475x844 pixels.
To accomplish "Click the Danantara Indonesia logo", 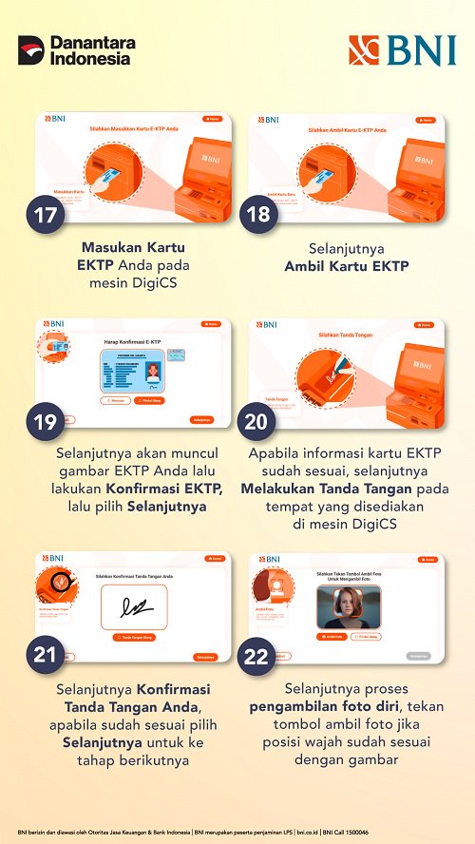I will click(76, 50).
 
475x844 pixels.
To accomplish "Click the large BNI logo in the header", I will click(401, 50).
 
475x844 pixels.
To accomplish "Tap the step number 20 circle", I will click(257, 422).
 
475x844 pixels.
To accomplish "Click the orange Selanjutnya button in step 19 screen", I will click(201, 419).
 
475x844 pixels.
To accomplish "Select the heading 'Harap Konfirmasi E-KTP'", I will click(133, 340).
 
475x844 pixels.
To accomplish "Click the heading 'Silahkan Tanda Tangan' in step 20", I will click(345, 335).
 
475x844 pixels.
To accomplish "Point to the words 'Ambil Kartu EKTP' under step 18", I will click(346, 266).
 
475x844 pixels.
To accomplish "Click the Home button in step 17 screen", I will click(213, 119).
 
